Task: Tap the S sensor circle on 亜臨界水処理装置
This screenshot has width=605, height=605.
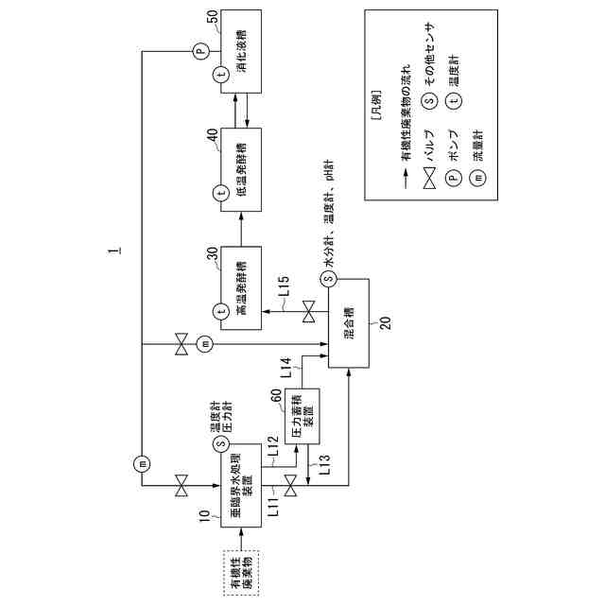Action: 220,442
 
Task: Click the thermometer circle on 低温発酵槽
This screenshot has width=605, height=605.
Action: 220,193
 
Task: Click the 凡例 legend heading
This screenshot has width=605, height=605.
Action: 378,115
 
